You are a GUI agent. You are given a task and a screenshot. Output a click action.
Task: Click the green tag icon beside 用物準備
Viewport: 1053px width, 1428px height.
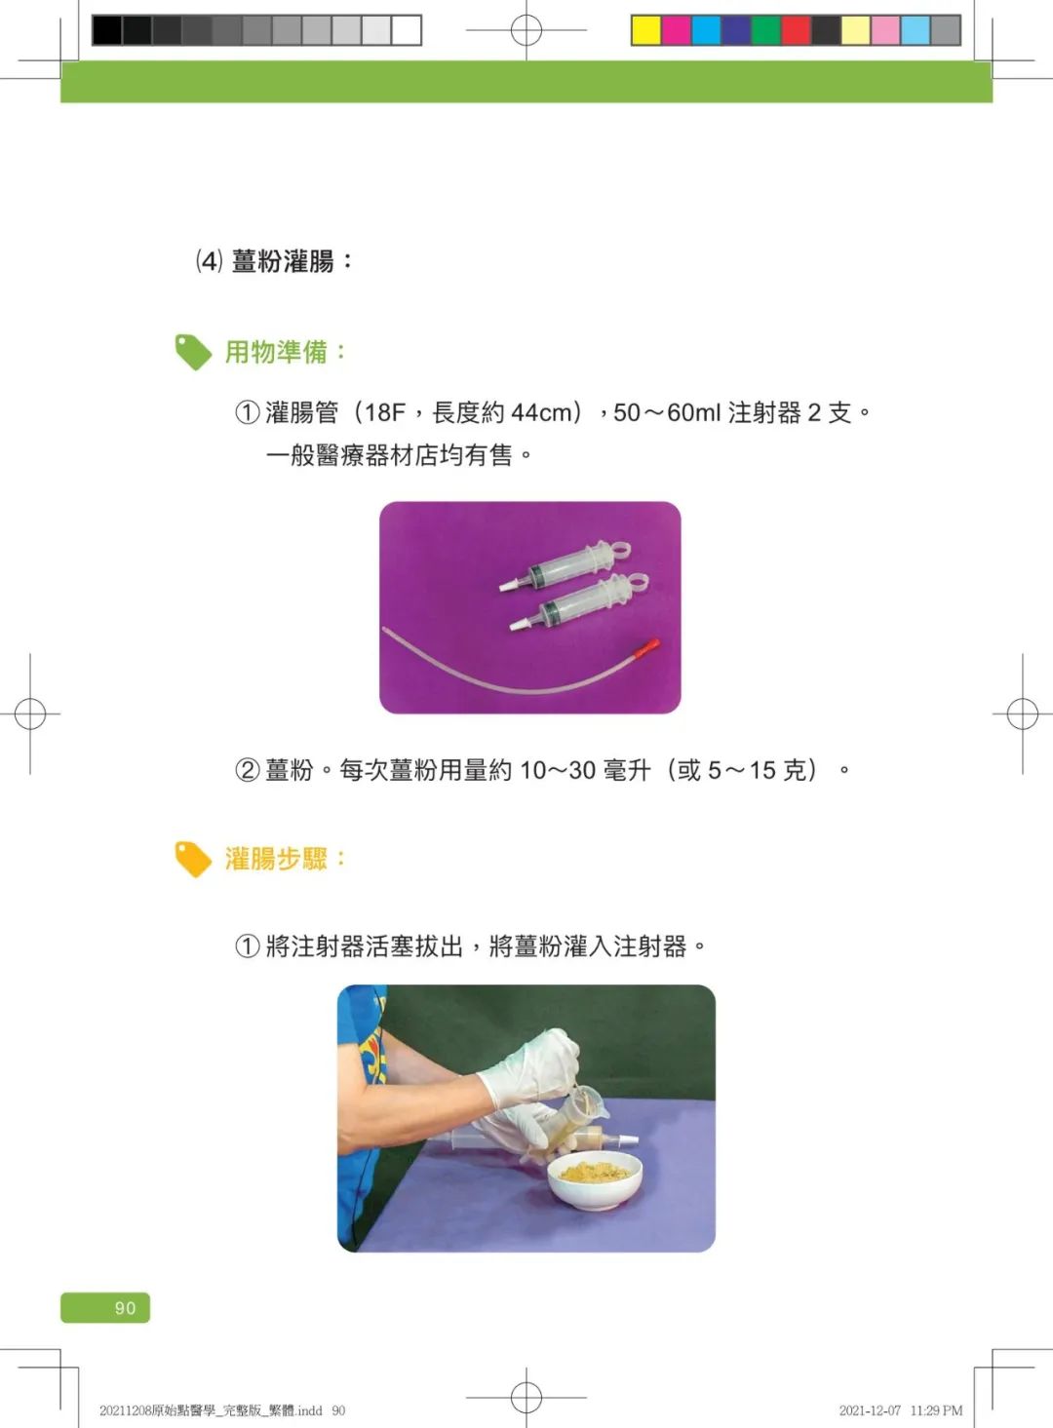(x=193, y=352)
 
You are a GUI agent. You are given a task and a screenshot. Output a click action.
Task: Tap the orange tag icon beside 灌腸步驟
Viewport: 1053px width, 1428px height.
(x=193, y=859)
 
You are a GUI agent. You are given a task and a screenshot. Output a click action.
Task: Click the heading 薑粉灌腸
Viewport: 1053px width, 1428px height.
(x=282, y=261)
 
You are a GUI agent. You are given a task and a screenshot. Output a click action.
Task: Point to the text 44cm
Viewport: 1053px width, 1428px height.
(x=542, y=413)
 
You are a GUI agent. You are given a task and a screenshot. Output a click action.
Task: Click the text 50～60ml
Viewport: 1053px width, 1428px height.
(x=667, y=413)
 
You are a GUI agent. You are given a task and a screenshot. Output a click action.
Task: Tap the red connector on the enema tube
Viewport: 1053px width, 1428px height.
(x=646, y=646)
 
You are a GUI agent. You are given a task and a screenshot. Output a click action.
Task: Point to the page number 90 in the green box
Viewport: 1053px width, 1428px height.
(x=125, y=1308)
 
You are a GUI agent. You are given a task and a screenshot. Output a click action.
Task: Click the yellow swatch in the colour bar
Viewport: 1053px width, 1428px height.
(x=645, y=30)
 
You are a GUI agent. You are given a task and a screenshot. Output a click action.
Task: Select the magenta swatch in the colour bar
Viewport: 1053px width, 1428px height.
(x=676, y=30)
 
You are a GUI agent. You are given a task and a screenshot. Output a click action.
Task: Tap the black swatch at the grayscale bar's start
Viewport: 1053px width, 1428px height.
(x=106, y=30)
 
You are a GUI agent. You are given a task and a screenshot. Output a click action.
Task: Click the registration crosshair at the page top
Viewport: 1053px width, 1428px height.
(x=526, y=30)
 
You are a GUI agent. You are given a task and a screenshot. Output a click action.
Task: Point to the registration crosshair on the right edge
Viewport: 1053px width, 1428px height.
(x=1022, y=714)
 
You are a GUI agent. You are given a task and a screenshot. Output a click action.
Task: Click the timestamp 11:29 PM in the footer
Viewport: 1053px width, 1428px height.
(x=936, y=1410)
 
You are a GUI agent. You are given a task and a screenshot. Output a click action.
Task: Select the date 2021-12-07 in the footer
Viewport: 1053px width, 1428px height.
(x=870, y=1410)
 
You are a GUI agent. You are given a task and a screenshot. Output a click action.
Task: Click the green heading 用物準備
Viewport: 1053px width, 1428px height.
(x=276, y=352)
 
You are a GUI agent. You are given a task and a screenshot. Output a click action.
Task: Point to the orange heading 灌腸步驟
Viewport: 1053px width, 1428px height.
(x=276, y=859)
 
